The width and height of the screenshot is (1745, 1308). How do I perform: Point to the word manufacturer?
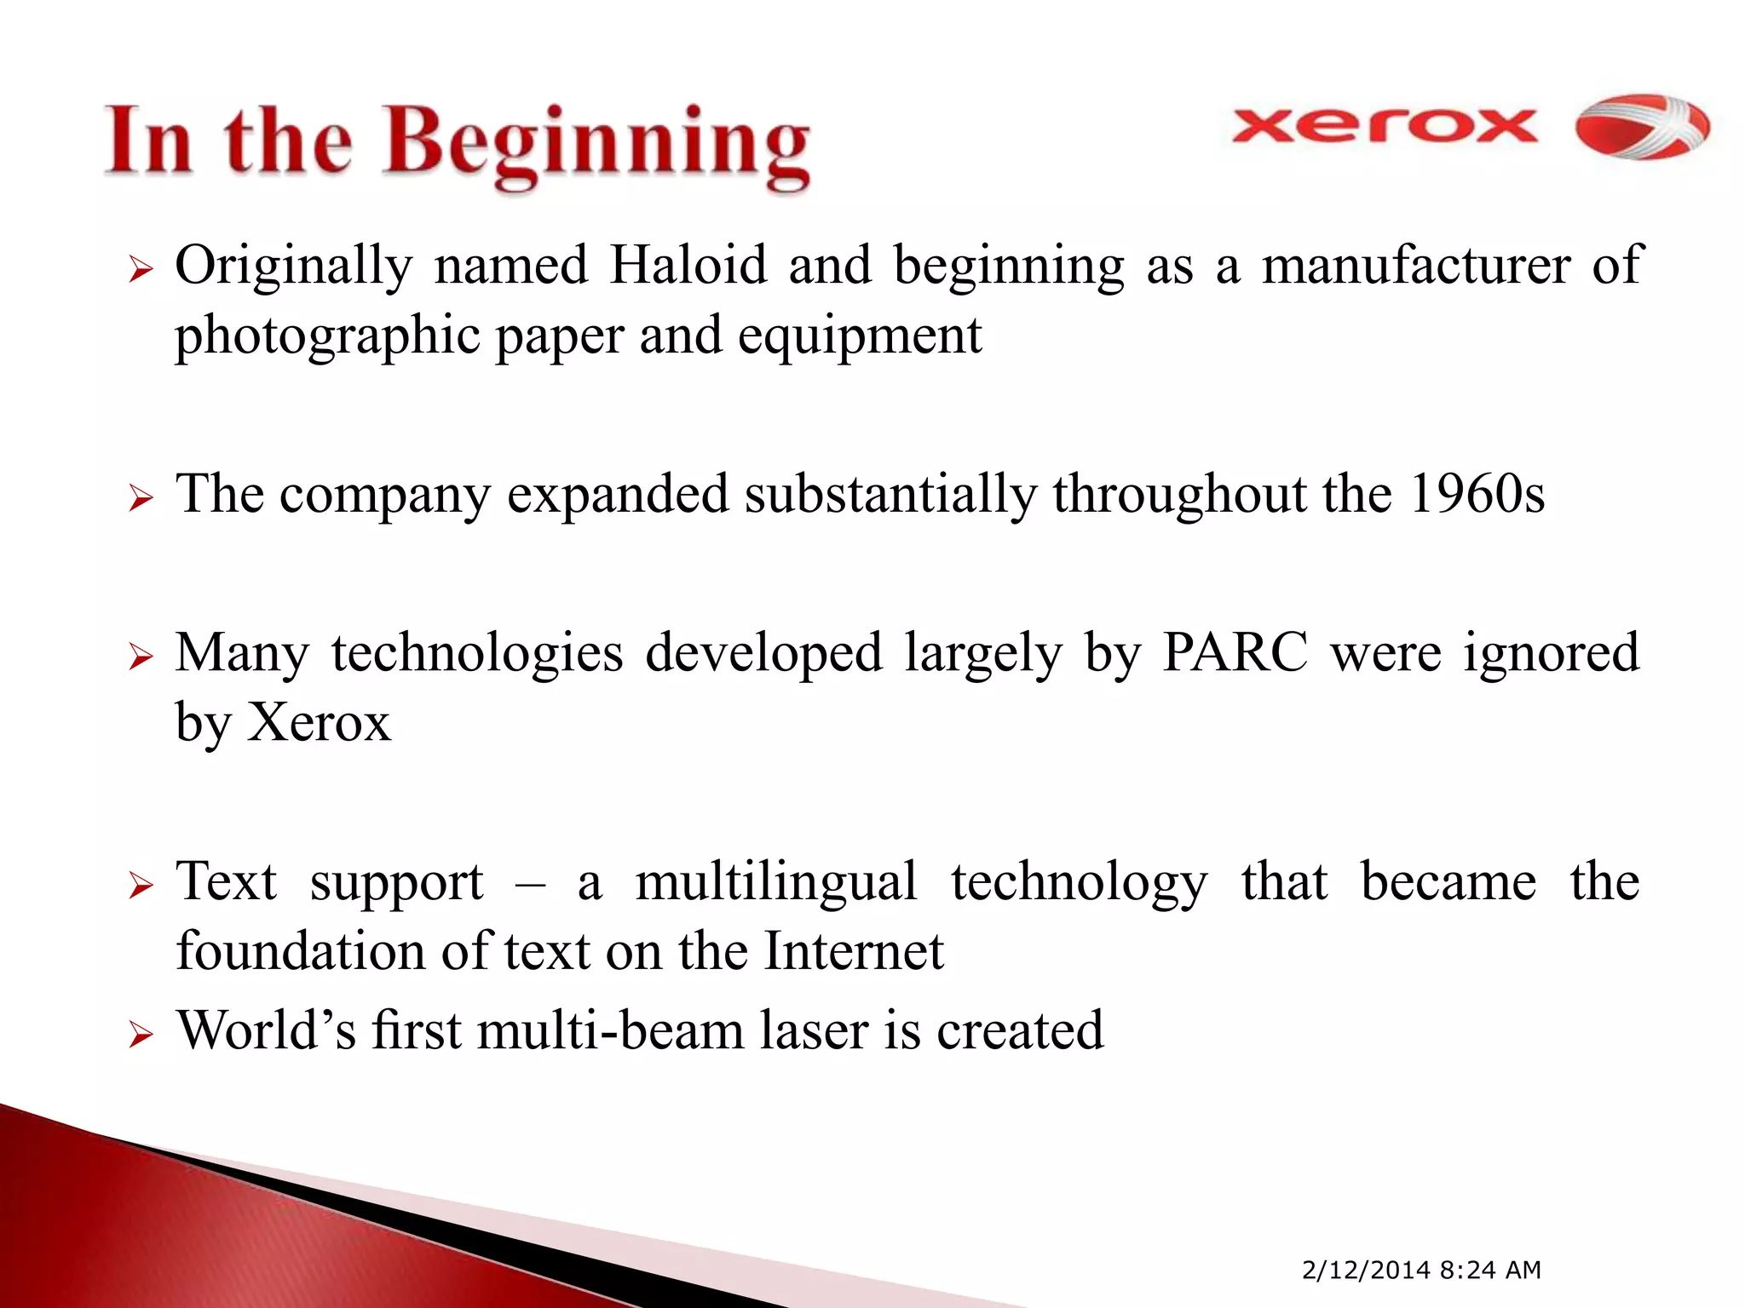click(1416, 266)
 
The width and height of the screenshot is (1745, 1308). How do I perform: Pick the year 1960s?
click(1476, 494)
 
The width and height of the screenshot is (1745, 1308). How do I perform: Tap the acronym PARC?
click(1235, 654)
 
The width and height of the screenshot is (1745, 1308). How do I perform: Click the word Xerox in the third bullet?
click(319, 724)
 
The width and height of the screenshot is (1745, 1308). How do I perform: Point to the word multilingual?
click(776, 882)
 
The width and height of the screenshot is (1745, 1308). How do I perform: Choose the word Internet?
click(854, 952)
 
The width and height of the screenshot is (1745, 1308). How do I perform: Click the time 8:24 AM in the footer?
click(1490, 1270)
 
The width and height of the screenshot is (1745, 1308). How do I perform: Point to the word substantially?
click(890, 494)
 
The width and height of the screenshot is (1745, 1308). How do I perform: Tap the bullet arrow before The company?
click(140, 499)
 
